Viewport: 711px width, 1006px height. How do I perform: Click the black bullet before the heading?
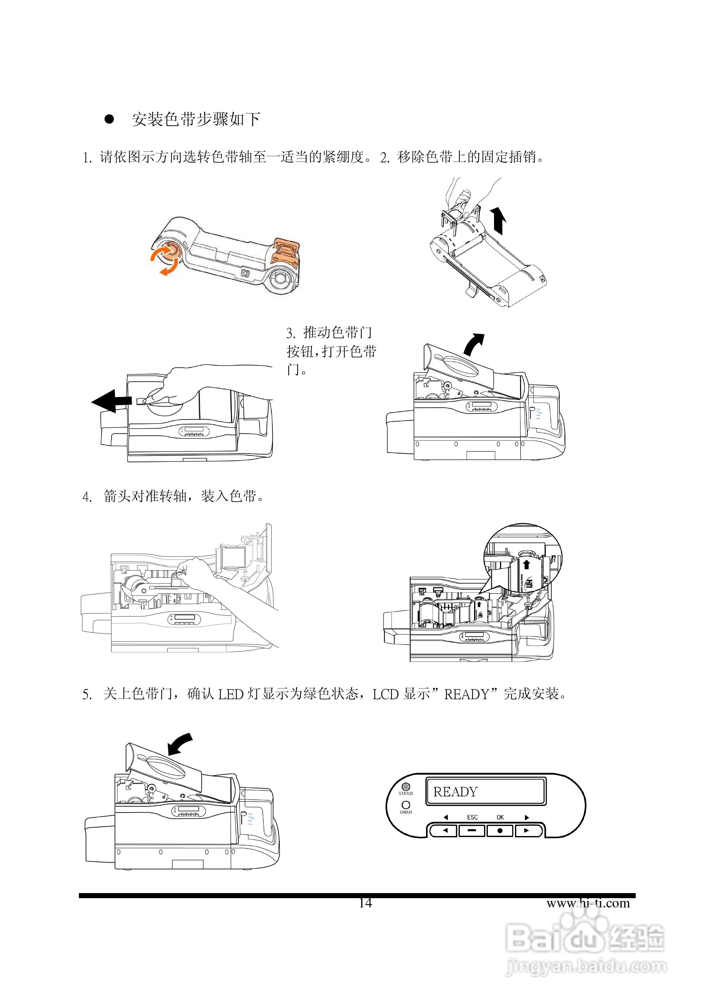pyautogui.click(x=109, y=119)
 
